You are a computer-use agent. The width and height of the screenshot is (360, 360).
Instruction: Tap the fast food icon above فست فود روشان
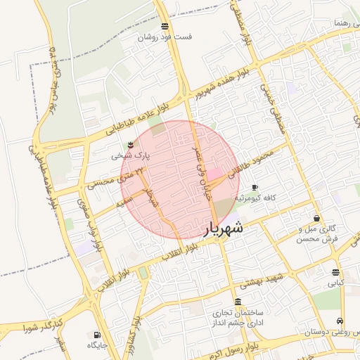pos(165,26)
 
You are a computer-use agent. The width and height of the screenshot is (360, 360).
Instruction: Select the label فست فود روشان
pos(164,37)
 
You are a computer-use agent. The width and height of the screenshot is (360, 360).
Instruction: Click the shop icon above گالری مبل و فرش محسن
pos(317,218)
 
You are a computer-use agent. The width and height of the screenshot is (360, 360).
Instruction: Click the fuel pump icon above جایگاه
pos(96,335)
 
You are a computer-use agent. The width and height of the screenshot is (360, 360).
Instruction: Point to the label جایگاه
pos(96,345)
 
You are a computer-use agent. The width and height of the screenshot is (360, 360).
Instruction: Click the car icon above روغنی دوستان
pos(341,320)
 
